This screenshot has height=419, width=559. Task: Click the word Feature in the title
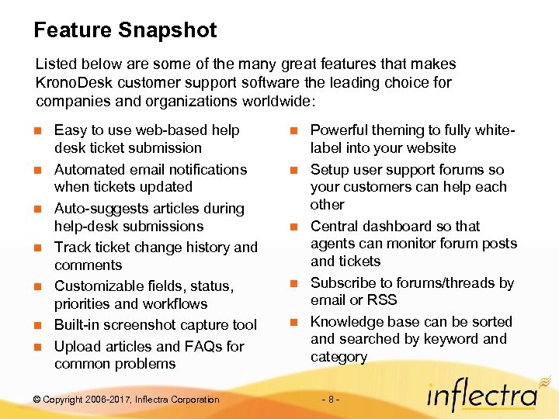(x=73, y=30)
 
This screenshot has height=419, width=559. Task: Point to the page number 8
(x=331, y=400)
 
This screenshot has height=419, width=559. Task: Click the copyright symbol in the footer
(x=37, y=400)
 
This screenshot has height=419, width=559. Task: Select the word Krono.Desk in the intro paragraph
(x=70, y=82)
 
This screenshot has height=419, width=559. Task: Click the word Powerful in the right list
(x=339, y=130)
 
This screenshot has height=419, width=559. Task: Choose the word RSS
(x=383, y=300)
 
